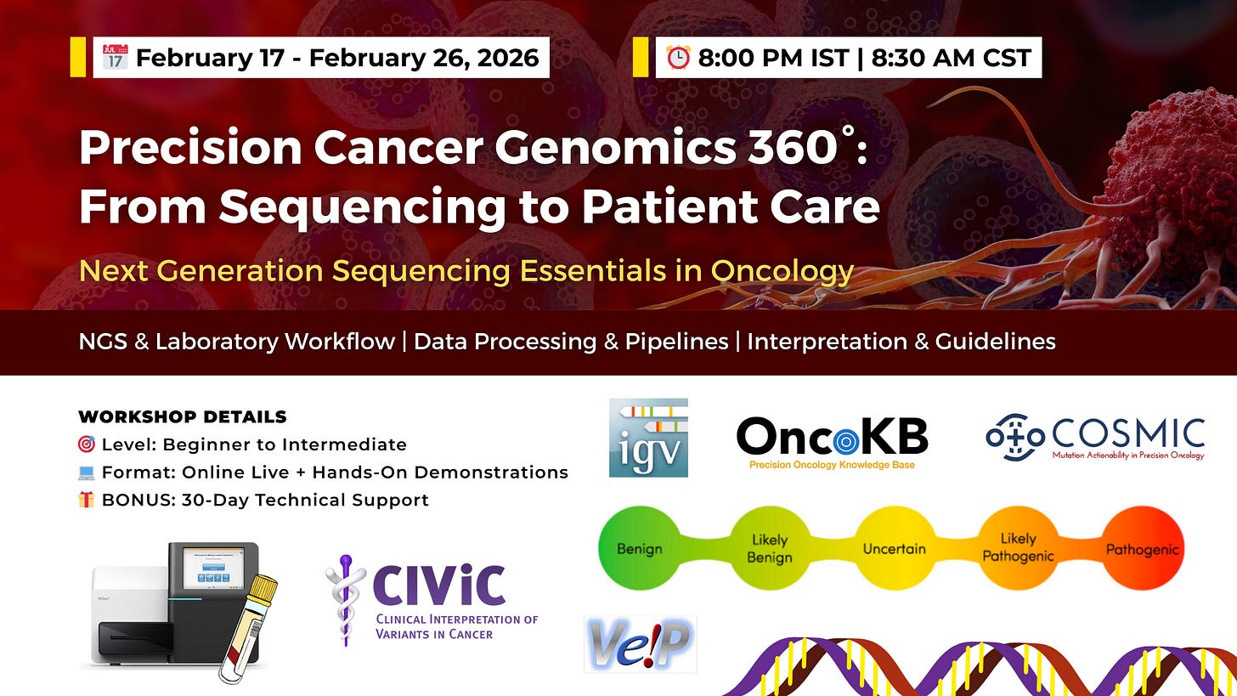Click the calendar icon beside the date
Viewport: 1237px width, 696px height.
point(116,57)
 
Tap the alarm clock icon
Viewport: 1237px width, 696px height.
point(678,58)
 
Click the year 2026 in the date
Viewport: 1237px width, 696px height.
point(508,58)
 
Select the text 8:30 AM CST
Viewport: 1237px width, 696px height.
point(952,58)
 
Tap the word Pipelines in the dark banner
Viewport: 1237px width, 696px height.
point(676,342)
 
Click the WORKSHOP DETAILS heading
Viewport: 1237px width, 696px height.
point(183,417)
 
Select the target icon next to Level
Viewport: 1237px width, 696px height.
point(87,444)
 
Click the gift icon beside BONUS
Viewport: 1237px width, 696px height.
point(86,500)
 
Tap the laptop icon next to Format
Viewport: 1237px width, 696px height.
point(86,472)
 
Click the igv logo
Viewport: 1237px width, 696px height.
point(648,438)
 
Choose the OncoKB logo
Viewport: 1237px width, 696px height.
point(833,443)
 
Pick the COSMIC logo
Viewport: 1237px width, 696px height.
point(1095,438)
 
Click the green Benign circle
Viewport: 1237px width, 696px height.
point(640,548)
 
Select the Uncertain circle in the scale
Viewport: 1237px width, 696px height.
point(895,548)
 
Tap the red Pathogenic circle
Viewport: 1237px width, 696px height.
point(1143,548)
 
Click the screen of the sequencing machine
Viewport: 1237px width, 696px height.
point(213,569)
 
